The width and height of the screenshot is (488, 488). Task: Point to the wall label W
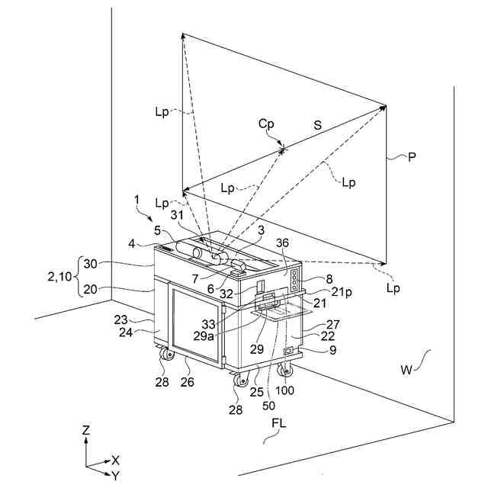(x=407, y=371)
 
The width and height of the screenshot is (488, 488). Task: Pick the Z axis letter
(x=86, y=431)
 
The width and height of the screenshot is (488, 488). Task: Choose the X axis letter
(x=115, y=460)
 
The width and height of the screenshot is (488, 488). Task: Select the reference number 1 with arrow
(x=136, y=199)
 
